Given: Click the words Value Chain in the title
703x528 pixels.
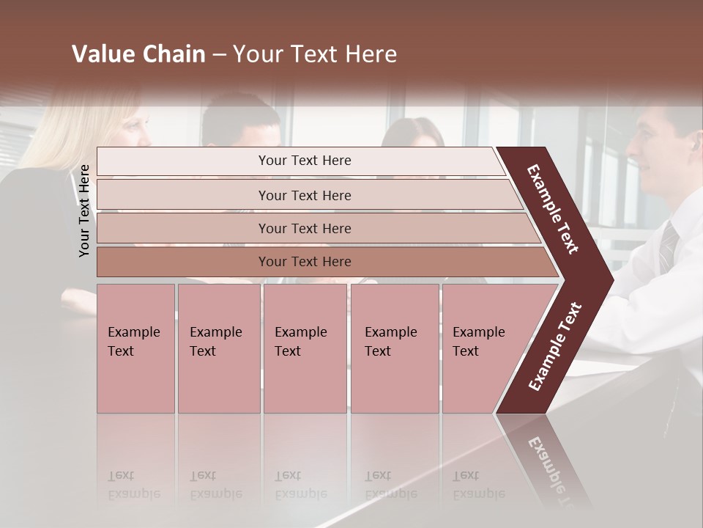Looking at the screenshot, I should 138,54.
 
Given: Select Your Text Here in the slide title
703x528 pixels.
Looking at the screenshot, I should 315,54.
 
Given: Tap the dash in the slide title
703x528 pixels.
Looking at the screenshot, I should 219,55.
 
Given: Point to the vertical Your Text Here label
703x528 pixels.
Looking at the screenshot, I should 85,210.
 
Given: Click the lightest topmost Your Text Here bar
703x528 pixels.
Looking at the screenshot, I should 305,161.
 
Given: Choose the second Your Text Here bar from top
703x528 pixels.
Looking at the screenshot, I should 305,195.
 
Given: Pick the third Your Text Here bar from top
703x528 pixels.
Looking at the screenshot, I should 305,228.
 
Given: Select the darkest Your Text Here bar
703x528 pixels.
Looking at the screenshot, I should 305,262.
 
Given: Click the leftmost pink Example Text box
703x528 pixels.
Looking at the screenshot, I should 135,348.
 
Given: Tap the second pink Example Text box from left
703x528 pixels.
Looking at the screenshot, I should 218,348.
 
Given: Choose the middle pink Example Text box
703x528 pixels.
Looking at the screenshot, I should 305,348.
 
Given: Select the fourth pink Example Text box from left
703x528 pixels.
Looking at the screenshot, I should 395,348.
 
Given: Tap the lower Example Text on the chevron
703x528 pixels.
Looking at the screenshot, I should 554,347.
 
